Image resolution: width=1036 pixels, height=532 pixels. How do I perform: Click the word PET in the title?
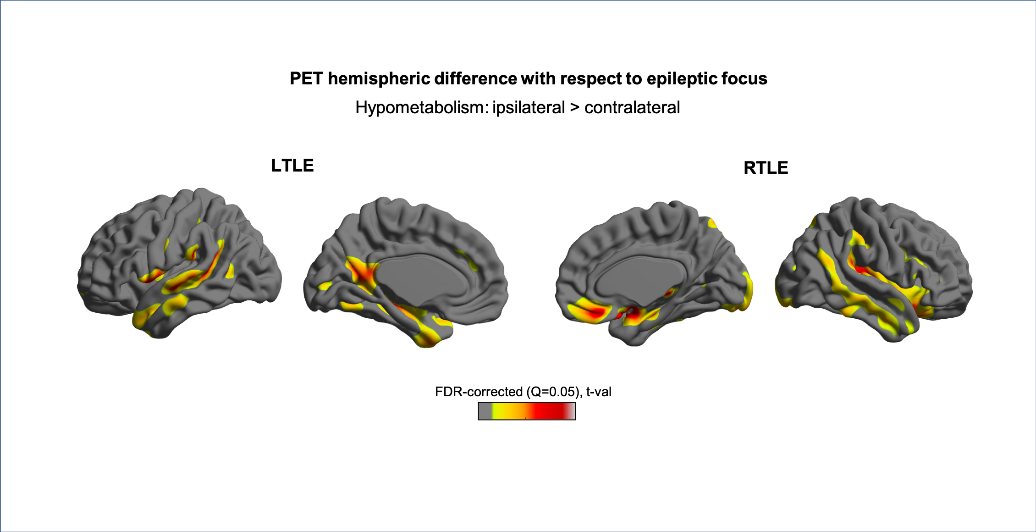click(x=306, y=79)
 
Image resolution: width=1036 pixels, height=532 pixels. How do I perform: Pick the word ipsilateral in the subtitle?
click(x=528, y=108)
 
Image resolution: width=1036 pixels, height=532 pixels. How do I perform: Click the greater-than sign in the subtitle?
click(x=574, y=108)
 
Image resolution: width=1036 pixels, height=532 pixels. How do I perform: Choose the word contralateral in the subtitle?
click(x=632, y=108)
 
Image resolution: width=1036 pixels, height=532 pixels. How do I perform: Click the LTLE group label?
click(x=292, y=166)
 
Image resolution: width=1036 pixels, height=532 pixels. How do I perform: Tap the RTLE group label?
click(x=766, y=168)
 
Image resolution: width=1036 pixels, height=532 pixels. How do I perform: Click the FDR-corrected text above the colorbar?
click(x=479, y=392)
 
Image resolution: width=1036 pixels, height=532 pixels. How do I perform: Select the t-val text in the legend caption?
click(x=599, y=392)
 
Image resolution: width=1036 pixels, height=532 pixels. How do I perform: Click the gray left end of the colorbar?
click(x=485, y=411)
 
